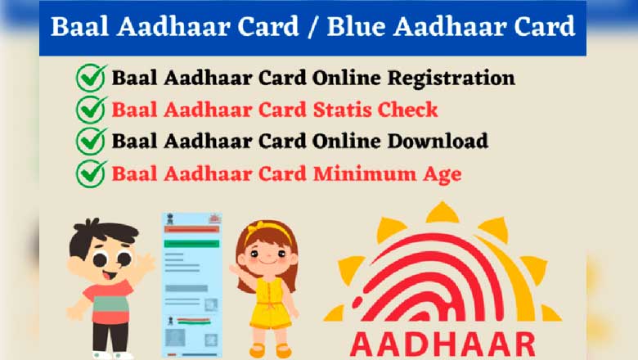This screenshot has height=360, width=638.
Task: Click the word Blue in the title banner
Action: tap(356, 26)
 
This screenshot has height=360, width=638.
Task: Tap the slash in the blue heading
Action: tap(312, 27)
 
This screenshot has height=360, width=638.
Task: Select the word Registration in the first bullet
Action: tap(452, 79)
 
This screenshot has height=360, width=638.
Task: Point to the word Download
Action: tap(438, 141)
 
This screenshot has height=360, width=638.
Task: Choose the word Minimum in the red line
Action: tap(365, 173)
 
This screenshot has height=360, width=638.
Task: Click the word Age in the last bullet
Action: tap(443, 175)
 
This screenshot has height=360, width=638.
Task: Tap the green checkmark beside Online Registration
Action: tap(91, 77)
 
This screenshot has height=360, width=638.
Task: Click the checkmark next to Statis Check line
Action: tap(91, 109)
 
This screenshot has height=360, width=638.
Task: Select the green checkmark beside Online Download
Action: tap(91, 141)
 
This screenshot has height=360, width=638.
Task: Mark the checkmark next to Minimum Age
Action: tap(91, 173)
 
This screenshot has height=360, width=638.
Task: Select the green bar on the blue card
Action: tap(191, 244)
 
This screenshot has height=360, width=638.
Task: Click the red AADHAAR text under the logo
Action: tap(443, 344)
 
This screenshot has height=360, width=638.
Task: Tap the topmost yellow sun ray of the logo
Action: tap(443, 213)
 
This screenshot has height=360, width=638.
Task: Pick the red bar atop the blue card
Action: tap(191, 229)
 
